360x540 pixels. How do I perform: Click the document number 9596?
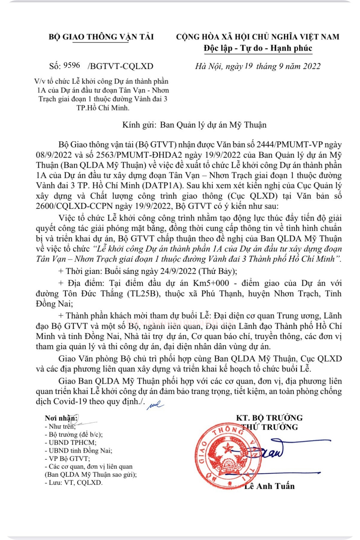pyautogui.click(x=72, y=65)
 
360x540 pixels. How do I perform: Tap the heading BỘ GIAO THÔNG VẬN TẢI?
pyautogui.click(x=101, y=37)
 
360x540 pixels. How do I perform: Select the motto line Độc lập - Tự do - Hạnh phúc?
pyautogui.click(x=258, y=48)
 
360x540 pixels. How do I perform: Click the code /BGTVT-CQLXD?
pyautogui.click(x=120, y=66)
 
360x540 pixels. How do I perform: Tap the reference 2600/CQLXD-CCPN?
pyautogui.click(x=74, y=206)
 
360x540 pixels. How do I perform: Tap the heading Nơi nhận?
pyautogui.click(x=61, y=418)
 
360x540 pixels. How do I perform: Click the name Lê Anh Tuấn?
pyautogui.click(x=269, y=486)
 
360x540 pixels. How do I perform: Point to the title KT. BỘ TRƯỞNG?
pyautogui.click(x=269, y=418)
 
